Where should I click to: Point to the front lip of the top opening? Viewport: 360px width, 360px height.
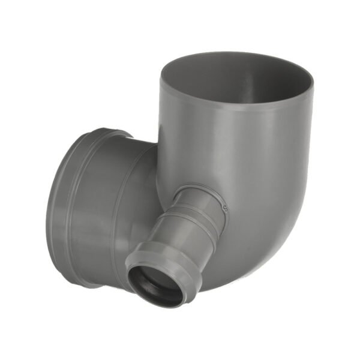click(x=240, y=106)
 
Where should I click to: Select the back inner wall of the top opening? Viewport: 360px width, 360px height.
click(x=240, y=66)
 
